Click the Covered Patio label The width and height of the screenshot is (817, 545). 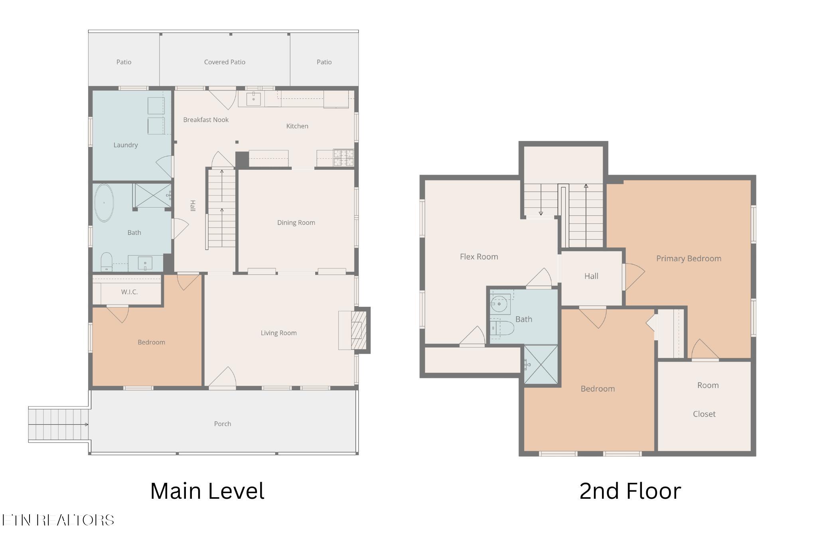pyautogui.click(x=225, y=62)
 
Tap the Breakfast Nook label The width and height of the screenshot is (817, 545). pyautogui.click(x=206, y=120)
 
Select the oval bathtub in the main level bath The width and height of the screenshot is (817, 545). pyautogui.click(x=104, y=203)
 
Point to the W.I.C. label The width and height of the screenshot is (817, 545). pyautogui.click(x=129, y=292)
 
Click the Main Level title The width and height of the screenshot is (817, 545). pyautogui.click(x=207, y=491)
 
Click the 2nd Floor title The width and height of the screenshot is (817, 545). pyautogui.click(x=630, y=491)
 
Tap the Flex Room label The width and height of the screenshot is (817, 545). pyautogui.click(x=479, y=257)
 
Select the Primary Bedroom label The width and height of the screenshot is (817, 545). pyautogui.click(x=689, y=258)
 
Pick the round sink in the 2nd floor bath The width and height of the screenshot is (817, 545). pyautogui.click(x=499, y=304)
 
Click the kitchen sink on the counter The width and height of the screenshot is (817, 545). pyautogui.click(x=253, y=98)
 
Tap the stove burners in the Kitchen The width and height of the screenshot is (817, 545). pyautogui.click(x=343, y=157)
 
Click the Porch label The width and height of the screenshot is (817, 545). pyautogui.click(x=223, y=424)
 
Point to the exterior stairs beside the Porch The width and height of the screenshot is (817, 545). pyautogui.click(x=58, y=425)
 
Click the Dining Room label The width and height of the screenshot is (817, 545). pyautogui.click(x=296, y=222)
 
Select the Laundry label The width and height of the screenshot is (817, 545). pyautogui.click(x=126, y=145)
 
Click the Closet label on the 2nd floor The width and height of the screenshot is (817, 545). pyautogui.click(x=704, y=414)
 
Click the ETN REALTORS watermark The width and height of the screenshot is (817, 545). pyautogui.click(x=58, y=520)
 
